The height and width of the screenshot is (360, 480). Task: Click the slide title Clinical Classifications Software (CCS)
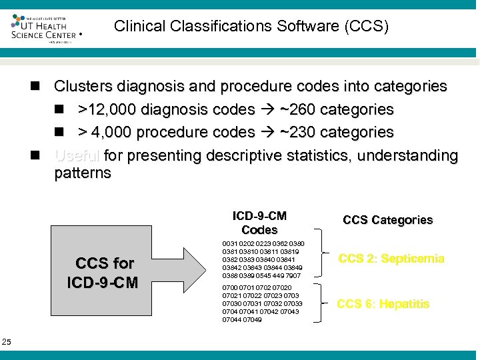(x=251, y=27)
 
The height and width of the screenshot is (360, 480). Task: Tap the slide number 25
(x=7, y=342)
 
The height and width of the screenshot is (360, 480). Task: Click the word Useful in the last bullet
(x=78, y=156)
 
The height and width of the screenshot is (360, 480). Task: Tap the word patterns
(x=83, y=173)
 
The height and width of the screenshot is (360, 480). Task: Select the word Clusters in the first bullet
(x=84, y=86)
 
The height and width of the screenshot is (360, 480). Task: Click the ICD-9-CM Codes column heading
(x=259, y=223)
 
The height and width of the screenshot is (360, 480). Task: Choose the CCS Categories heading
(x=387, y=220)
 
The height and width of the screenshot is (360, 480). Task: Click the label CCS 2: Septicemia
(x=391, y=259)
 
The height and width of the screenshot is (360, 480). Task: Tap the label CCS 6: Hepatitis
(x=383, y=304)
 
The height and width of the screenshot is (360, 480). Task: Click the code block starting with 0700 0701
(x=262, y=303)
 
